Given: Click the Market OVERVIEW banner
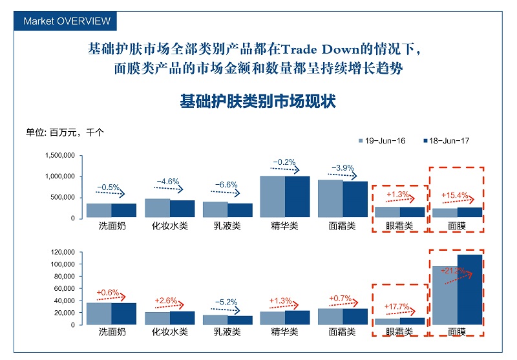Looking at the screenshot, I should (x=67, y=21).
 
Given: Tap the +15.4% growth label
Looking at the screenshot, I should (x=453, y=195).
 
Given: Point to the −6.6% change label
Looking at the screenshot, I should (x=226, y=184).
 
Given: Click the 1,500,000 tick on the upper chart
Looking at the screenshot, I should (x=61, y=156).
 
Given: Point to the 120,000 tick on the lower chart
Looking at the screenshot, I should (x=63, y=252).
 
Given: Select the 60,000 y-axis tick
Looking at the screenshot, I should (x=65, y=288).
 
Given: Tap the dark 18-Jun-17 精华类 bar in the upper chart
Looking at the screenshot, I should (x=297, y=197).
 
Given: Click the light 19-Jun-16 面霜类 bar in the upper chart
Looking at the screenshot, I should (x=330, y=199).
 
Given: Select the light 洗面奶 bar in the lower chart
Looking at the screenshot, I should (x=99, y=313).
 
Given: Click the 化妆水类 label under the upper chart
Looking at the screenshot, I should (x=169, y=227).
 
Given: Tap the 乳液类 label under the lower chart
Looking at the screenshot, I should (x=227, y=332).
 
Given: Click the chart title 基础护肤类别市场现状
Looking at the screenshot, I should (x=258, y=101).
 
